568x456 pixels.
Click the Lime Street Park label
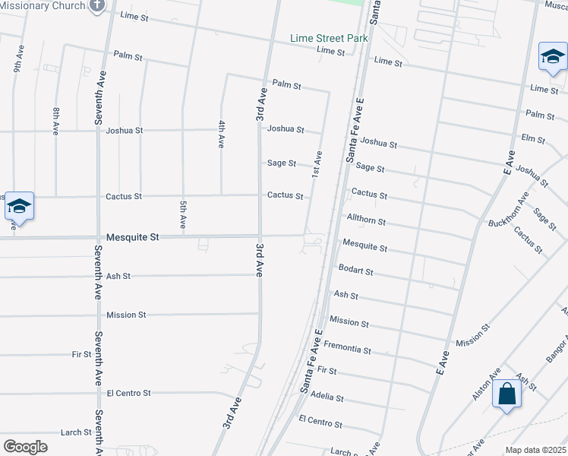330,38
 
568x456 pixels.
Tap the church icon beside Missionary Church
96,6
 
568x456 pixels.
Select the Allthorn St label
366,221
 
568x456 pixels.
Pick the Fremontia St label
347,350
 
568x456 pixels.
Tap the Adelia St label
327,397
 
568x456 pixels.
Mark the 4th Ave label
221,134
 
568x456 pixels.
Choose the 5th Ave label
183,214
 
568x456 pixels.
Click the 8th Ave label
55,122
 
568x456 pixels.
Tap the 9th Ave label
17,62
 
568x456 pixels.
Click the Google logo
25,447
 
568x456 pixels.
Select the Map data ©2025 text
535,450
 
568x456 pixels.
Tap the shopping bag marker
506,395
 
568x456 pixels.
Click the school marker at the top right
553,58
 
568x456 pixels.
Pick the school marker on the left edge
19,206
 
